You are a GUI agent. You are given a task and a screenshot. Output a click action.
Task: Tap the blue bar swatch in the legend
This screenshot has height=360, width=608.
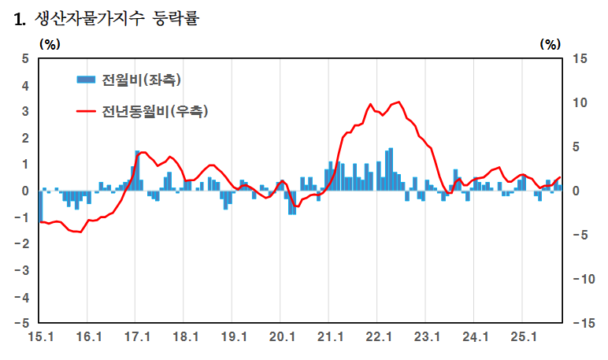coord(86,79)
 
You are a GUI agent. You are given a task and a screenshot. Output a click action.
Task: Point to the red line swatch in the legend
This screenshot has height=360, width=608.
coord(86,111)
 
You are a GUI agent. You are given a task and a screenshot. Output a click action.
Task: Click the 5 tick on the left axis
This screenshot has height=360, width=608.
coord(25,58)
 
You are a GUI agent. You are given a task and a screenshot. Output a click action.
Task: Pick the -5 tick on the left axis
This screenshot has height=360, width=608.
coord(23,323)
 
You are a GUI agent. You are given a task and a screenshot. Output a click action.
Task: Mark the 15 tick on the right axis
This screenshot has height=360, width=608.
coord(580,58)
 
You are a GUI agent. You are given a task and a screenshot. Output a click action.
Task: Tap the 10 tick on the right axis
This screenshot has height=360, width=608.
coord(580,102)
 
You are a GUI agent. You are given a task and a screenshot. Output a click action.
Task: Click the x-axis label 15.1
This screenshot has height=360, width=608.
coord(39,338)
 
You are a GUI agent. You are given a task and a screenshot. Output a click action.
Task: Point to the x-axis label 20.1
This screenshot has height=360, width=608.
coord(281,338)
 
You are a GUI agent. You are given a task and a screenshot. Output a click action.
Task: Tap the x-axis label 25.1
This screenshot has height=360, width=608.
coord(523,338)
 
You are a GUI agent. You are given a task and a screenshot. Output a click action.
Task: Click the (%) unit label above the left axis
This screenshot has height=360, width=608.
coord(49,44)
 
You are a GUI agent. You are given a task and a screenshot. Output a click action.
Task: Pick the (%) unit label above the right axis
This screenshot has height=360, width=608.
coord(550,44)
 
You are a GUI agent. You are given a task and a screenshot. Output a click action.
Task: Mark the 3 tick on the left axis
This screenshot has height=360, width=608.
coord(25,111)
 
